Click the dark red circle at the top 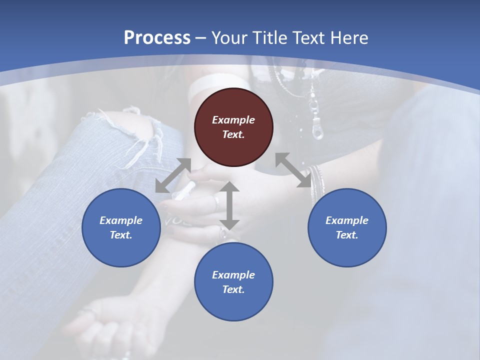233,127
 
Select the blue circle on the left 121,227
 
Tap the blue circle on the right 347,227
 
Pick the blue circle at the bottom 233,281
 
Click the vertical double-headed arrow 230,205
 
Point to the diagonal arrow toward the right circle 293,170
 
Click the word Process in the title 157,37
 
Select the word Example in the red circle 233,120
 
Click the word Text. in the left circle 121,235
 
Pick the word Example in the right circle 347,220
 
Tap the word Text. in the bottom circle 233,289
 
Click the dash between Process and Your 201,38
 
